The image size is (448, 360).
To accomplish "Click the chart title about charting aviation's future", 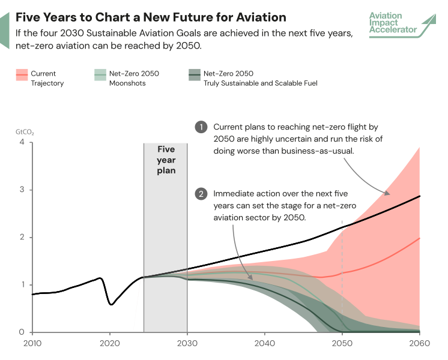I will coord(151,17).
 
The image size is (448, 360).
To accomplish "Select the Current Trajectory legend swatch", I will coord(22,74).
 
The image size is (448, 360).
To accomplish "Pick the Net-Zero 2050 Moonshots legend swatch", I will coord(100,74).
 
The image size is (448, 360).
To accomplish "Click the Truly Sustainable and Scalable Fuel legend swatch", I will coord(194,74).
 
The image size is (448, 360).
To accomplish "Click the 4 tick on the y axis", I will coord(22,143).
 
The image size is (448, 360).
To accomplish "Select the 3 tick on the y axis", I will coord(22,190).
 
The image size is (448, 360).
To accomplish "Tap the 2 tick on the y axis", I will coord(22,238).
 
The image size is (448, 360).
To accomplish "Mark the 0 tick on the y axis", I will coord(22,332).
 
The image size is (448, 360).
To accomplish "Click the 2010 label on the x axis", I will coord(31,344).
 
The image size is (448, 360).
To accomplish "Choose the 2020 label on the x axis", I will coord(109,344).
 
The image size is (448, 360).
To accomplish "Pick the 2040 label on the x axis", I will coord(264,344).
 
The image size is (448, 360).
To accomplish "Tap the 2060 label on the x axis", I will coord(419,344).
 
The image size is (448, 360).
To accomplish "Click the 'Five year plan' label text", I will coord(166,160).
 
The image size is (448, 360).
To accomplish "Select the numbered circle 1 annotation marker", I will coord(201,127).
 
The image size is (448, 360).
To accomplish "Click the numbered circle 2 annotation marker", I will coord(201,194).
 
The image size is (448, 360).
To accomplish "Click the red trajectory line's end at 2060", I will coord(419,238).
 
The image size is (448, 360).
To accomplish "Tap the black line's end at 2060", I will coord(419,196).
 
